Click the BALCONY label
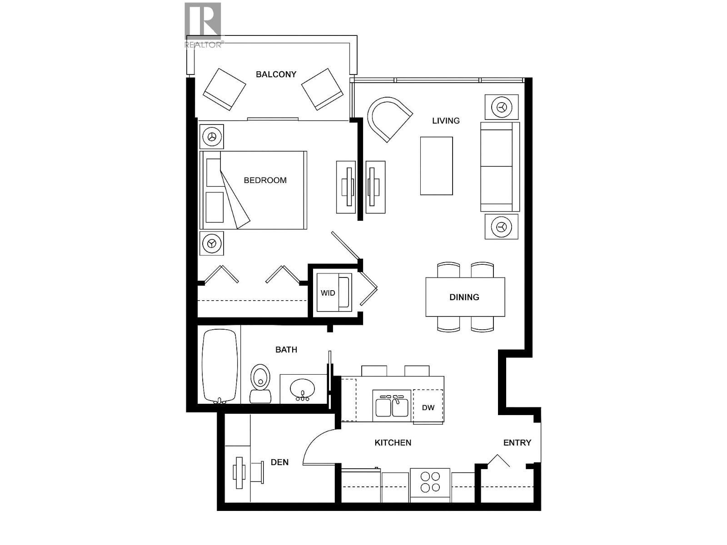tap(276, 74)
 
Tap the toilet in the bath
tap(260, 384)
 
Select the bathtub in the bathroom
tap(220, 366)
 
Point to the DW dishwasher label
tap(428, 407)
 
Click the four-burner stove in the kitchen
tap(430, 482)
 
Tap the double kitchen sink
tap(392, 406)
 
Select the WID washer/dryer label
tap(328, 293)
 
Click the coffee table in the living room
tap(436, 166)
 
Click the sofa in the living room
tap(499, 166)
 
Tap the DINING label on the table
tap(464, 297)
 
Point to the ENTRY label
tap(517, 442)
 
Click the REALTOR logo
tap(203, 25)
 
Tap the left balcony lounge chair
tap(224, 89)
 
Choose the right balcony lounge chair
tap(322, 89)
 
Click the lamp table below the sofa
tap(501, 226)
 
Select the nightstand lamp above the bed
tap(212, 136)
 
